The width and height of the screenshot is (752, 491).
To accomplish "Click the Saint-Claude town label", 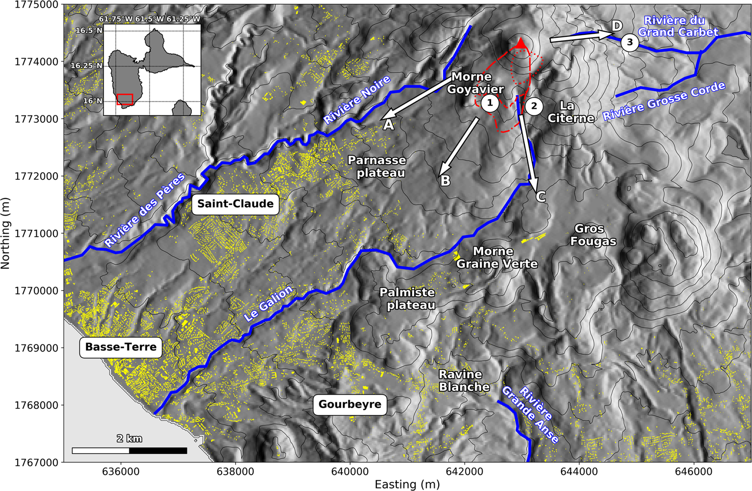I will point(235,204).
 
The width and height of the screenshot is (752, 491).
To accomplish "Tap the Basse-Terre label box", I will point(121,347).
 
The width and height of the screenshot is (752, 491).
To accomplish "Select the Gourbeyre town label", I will point(350,404).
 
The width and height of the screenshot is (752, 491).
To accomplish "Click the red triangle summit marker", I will point(521,44).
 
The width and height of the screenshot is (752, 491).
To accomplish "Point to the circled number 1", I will point(489,103).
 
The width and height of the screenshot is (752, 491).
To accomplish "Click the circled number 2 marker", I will point(534,106).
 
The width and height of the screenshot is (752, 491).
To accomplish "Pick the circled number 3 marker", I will point(630,42).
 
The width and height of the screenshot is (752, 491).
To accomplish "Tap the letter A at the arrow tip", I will point(388,125).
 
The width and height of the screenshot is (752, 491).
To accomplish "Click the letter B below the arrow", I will point(445,181).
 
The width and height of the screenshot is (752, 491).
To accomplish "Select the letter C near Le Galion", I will point(540,196).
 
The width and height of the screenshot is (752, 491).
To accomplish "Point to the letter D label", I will point(617,26).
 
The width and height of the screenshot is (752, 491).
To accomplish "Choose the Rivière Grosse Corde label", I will point(664,101).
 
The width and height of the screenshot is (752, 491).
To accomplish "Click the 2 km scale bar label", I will point(129,439).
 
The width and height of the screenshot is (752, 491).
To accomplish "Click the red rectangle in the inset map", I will point(125,99).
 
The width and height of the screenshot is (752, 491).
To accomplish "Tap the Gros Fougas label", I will point(593,235).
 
